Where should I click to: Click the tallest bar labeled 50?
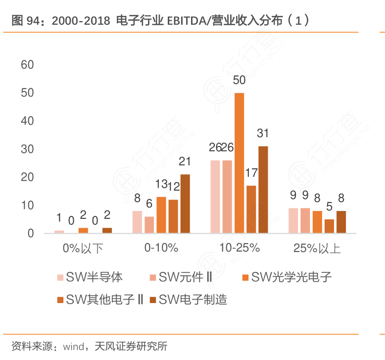239,163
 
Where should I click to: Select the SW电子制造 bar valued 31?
263,190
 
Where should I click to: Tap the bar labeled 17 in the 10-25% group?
251,209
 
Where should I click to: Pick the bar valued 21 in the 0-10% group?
185,204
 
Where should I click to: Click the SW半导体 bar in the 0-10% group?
137,222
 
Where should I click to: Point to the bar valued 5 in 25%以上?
329,226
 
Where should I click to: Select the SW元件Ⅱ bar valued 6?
149,225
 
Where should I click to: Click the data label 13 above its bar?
161,184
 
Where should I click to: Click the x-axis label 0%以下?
83,248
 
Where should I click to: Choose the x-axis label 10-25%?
240,248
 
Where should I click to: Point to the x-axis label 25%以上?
317,248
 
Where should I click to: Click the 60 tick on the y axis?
27,65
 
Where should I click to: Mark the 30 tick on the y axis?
27,149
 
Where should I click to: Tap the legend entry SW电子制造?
190,299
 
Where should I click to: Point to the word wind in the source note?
73,346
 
